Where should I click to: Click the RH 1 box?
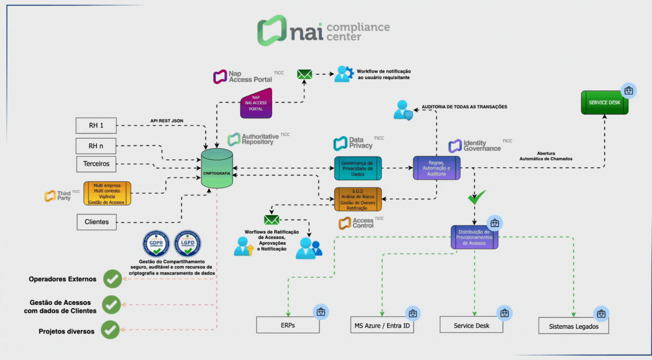click(96, 126)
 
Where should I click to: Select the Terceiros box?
click(96, 164)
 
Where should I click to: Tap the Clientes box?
click(96, 222)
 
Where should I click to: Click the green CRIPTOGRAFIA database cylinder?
click(217, 169)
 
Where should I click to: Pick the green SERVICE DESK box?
click(604, 103)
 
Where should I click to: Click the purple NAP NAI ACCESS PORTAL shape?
click(256, 104)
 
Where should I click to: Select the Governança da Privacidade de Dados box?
click(358, 168)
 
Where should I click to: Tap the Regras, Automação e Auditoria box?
click(436, 168)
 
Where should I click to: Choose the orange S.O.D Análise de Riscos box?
click(358, 199)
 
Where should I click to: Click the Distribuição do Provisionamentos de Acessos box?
click(474, 237)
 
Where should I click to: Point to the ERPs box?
click(288, 325)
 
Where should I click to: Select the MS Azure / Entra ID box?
click(382, 325)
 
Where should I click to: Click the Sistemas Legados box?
click(573, 326)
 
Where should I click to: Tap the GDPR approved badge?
click(156, 243)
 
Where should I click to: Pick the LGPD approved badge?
click(188, 243)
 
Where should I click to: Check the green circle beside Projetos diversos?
click(110, 330)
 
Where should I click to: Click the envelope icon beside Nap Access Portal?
click(305, 74)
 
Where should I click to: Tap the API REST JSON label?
click(167, 121)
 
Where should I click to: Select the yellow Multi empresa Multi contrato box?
click(107, 194)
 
